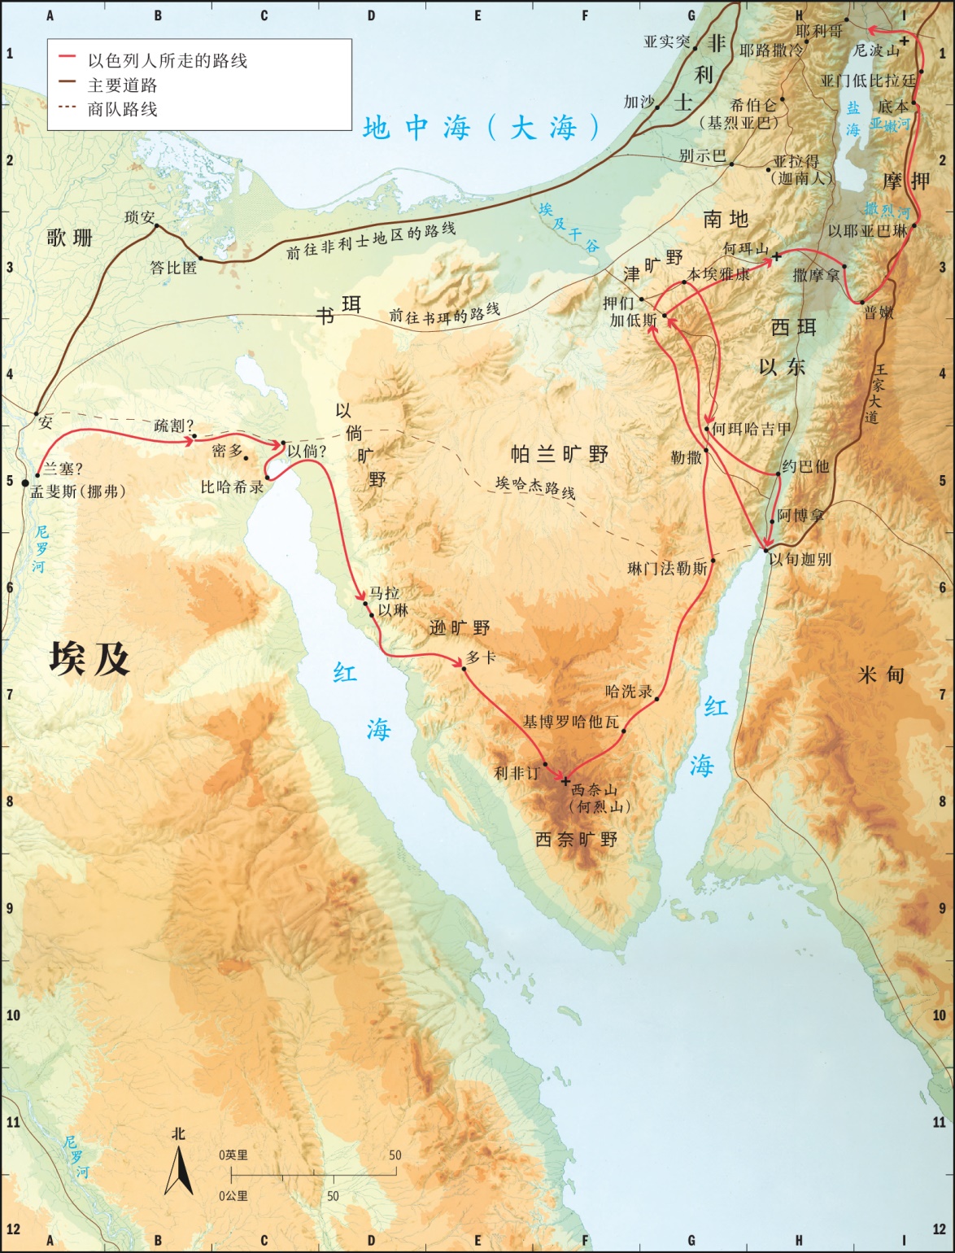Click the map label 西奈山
594,789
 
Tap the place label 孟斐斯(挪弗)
78,491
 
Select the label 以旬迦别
800,559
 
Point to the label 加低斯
634,320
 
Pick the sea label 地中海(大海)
481,128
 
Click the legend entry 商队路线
122,109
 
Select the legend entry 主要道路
122,85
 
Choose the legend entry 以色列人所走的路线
167,60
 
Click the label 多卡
481,657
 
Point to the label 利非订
517,773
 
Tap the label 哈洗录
629,692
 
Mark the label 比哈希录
232,487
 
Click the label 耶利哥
819,31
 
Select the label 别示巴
702,155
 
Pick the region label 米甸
880,675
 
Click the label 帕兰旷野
559,454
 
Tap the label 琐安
139,217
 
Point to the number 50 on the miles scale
395,1155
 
